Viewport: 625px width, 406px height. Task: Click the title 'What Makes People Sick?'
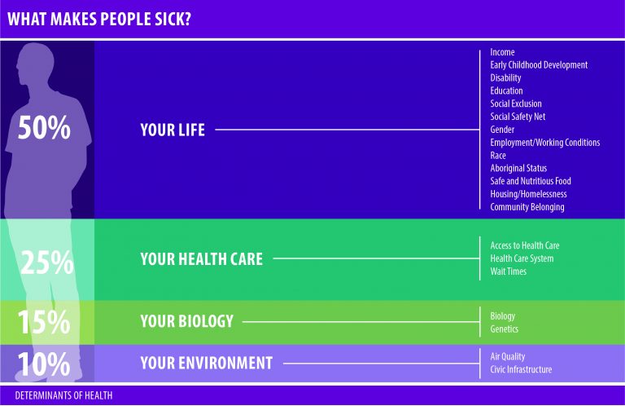99,20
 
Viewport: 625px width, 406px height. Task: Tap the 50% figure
44,128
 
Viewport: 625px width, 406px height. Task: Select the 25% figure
46,263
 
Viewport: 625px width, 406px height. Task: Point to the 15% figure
44,322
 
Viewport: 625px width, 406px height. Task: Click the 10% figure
44,364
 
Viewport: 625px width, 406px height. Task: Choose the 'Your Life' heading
173,130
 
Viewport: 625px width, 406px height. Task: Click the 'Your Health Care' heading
201,259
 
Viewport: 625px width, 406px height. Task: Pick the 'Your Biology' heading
186,321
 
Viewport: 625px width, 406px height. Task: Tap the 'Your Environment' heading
207,363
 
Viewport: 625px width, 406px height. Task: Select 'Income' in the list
502,52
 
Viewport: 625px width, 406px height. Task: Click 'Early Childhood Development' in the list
539,65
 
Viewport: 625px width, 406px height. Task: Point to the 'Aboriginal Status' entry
518,168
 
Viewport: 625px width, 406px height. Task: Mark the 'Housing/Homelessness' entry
528,194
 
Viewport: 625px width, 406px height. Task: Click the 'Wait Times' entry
508,271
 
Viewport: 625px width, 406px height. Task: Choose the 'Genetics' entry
505,329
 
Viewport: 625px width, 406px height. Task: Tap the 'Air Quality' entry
508,356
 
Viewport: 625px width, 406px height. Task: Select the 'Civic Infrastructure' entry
521,369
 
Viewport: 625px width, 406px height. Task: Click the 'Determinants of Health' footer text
63,395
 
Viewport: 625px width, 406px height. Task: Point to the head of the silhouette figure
35,63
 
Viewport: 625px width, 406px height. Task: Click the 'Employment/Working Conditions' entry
545,143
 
